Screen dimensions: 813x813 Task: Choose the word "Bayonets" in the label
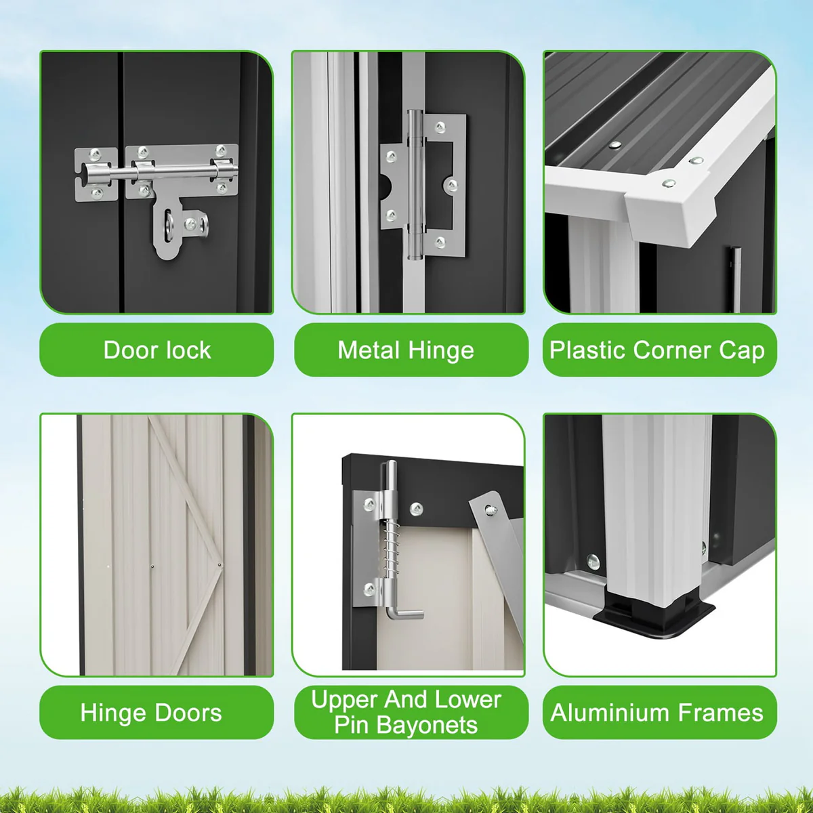point(427,726)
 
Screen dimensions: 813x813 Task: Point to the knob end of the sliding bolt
point(89,173)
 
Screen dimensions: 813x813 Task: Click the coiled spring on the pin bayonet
point(391,549)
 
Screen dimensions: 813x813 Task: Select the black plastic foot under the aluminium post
point(653,617)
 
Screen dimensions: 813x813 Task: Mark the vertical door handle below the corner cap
point(736,278)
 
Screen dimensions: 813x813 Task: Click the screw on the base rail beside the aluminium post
point(593,562)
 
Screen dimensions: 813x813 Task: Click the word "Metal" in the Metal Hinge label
point(369,350)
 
